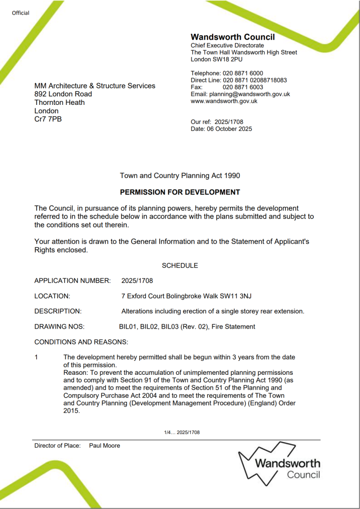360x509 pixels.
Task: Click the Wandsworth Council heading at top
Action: tap(232, 37)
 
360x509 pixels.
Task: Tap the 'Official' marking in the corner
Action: tap(21, 13)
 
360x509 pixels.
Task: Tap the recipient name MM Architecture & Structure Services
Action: tap(94, 85)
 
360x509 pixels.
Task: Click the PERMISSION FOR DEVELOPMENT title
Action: tap(180, 192)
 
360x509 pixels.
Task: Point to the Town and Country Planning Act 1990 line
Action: tap(180, 175)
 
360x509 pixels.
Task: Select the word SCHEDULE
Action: tap(180, 265)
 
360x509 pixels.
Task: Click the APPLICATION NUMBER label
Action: tap(73, 281)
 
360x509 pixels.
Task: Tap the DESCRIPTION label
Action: tap(58, 311)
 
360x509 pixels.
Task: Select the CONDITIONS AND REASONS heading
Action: tap(81, 342)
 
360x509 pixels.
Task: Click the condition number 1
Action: tap(36, 357)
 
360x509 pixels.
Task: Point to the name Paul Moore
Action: tap(104, 445)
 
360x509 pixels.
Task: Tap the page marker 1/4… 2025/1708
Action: tap(182, 432)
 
